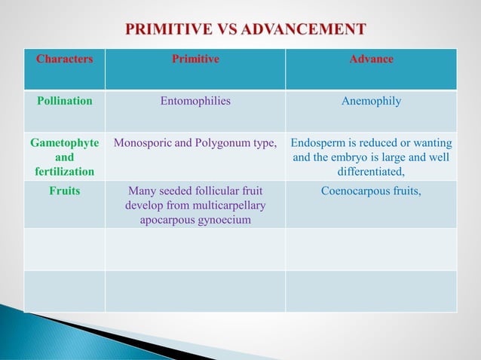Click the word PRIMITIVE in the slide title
coord(165,30)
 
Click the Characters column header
coord(65,59)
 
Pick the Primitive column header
coord(195,59)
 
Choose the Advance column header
coord(371,59)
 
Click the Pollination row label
coord(65,101)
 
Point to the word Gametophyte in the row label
coord(65,143)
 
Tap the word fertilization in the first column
coord(65,172)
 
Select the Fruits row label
coord(65,191)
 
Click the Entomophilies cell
coord(195,101)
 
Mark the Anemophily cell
coord(371,101)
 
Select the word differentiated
coord(371,172)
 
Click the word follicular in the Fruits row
coord(213,191)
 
